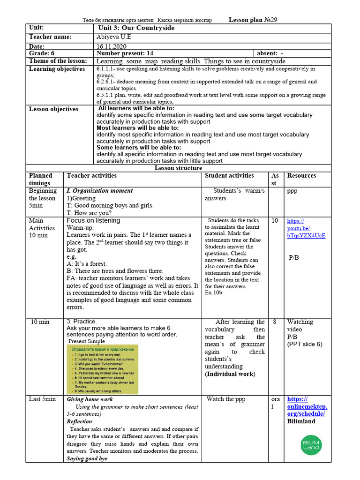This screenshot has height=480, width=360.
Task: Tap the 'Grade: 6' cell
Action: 42,53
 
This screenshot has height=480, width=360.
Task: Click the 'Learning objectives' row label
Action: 57,69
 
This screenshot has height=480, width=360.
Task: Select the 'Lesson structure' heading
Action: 179,168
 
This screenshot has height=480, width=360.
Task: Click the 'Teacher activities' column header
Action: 92,176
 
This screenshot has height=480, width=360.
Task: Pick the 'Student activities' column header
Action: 229,176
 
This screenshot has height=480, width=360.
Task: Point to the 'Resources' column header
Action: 301,176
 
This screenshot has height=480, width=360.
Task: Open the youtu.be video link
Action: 306,228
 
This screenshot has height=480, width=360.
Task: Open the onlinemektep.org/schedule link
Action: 307,406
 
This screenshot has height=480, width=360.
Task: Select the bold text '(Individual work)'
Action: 230,374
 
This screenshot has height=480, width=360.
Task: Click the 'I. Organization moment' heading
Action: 100,191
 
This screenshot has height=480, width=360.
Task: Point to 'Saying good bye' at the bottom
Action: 87,458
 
